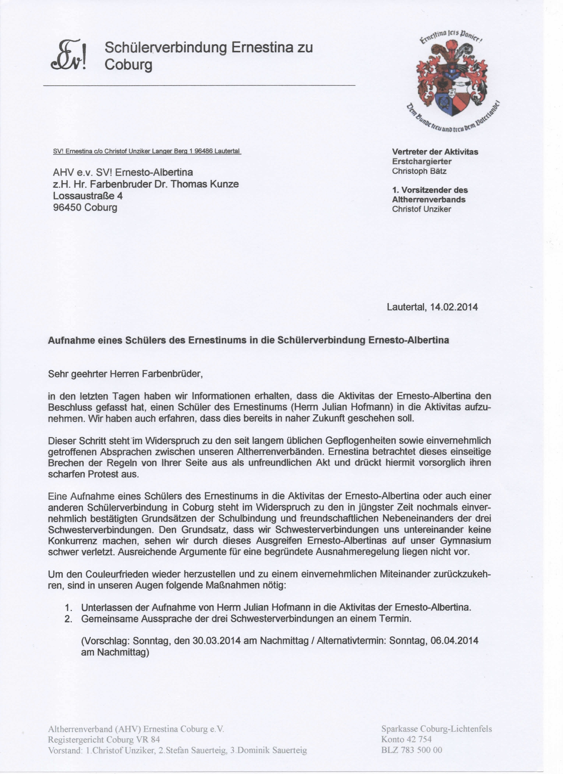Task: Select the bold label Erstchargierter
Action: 422,162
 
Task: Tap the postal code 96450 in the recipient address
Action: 67,207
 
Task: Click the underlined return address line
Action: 147,151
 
